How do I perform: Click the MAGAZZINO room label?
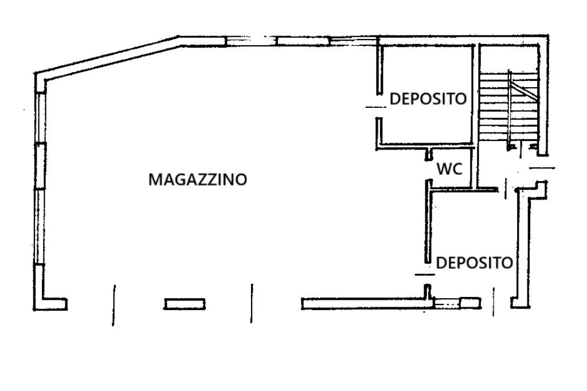(198, 179)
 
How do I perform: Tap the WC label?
(449, 169)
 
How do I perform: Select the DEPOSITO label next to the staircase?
(428, 99)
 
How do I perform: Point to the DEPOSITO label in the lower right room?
(475, 263)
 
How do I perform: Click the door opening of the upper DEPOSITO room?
(378, 107)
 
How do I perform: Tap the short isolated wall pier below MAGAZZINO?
(185, 304)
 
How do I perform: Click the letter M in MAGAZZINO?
(155, 179)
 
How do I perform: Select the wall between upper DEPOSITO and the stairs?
(475, 95)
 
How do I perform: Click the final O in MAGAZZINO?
(241, 179)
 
